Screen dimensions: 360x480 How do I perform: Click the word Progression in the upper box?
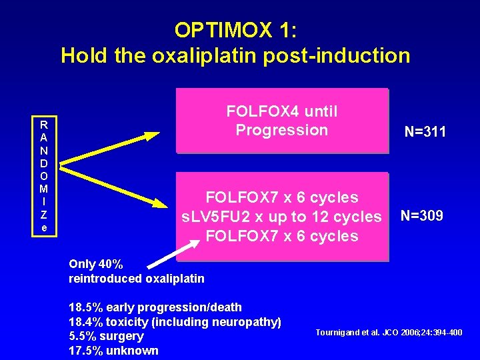(281, 130)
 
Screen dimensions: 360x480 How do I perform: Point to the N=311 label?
(425, 132)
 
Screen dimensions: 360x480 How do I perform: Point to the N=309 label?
(421, 216)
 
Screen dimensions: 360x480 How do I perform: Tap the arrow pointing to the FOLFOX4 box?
(110, 147)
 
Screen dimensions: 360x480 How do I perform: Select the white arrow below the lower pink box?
(164, 249)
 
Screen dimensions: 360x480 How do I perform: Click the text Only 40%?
(95, 264)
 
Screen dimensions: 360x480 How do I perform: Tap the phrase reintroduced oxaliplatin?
(137, 278)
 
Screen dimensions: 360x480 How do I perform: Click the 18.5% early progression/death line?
(155, 307)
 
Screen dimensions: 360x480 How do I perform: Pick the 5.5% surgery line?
(106, 336)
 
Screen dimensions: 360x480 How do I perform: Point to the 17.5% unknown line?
(113, 351)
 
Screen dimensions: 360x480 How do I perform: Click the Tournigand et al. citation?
(388, 332)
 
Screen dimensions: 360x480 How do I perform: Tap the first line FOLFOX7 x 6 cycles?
(281, 197)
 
